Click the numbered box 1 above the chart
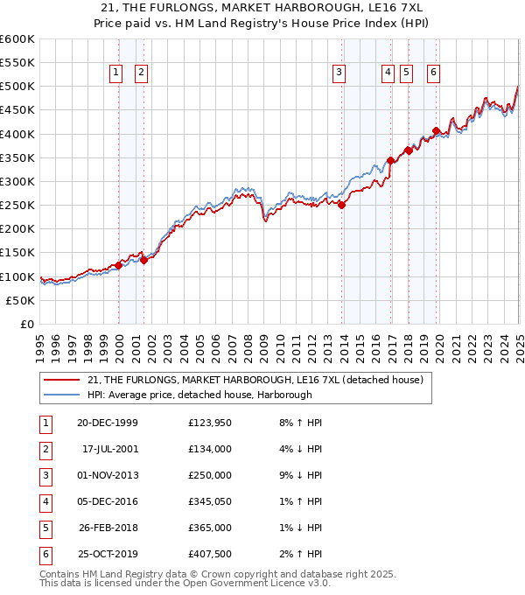click(116, 73)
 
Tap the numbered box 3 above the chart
click(339, 73)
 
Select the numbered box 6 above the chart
click(433, 73)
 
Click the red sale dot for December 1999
click(119, 265)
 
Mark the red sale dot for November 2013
click(341, 206)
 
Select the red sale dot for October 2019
click(436, 131)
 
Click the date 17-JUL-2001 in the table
click(110, 450)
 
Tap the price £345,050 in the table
click(210, 502)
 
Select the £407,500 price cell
click(210, 555)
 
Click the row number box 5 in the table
click(43, 528)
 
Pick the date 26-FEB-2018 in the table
click(108, 528)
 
